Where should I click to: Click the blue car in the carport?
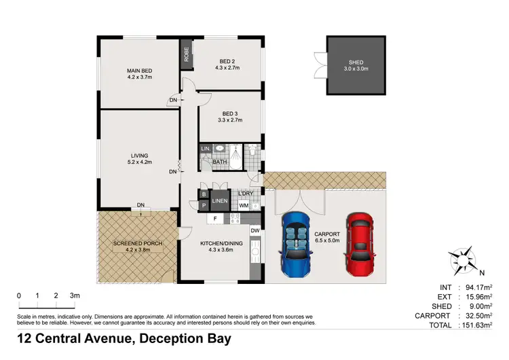coord(295,242)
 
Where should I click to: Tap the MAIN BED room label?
coord(140,73)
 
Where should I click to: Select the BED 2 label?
coord(227,62)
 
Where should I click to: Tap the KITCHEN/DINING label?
coord(218,246)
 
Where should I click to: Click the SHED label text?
coord(357,65)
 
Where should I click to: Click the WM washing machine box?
coord(243,206)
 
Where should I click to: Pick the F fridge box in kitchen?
coord(215,219)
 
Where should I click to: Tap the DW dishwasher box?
coord(254,231)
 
